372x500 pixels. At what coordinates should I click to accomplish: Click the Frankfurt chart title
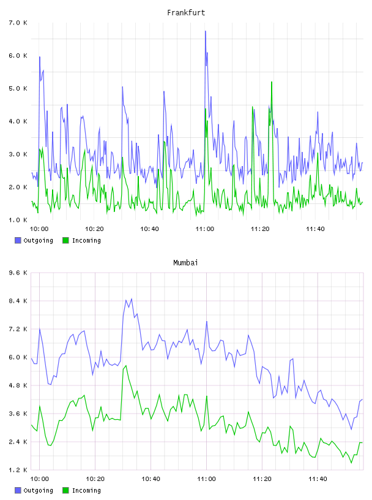(x=186, y=13)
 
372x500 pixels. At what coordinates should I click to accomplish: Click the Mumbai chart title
(x=185, y=263)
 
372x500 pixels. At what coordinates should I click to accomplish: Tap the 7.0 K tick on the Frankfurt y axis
(x=18, y=23)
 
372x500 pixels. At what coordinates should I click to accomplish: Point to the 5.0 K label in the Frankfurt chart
(x=18, y=88)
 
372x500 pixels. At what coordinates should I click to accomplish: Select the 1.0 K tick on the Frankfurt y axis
(x=18, y=220)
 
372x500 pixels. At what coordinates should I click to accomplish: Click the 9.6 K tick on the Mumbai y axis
(x=18, y=273)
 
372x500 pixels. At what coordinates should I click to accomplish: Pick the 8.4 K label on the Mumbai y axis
(x=18, y=301)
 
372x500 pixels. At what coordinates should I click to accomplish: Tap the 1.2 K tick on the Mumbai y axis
(x=18, y=470)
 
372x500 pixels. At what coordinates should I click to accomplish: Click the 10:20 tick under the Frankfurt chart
(x=94, y=229)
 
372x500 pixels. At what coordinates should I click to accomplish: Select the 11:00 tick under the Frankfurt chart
(x=205, y=229)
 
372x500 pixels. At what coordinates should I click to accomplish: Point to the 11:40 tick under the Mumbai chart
(x=318, y=479)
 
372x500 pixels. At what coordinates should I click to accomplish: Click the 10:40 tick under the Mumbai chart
(x=151, y=479)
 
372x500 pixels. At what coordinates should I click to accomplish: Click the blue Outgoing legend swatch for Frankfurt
(x=18, y=240)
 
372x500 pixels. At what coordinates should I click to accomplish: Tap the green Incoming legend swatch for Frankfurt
(x=65, y=240)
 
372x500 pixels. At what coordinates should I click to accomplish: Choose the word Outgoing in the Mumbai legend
(x=38, y=490)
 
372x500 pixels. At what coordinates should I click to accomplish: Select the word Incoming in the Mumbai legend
(x=86, y=490)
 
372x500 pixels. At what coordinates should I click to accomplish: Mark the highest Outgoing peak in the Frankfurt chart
(x=206, y=31)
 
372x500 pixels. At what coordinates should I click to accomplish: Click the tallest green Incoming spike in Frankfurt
(x=272, y=82)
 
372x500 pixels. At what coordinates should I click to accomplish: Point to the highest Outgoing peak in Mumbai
(x=132, y=299)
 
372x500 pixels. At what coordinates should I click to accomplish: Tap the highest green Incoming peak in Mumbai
(x=126, y=366)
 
